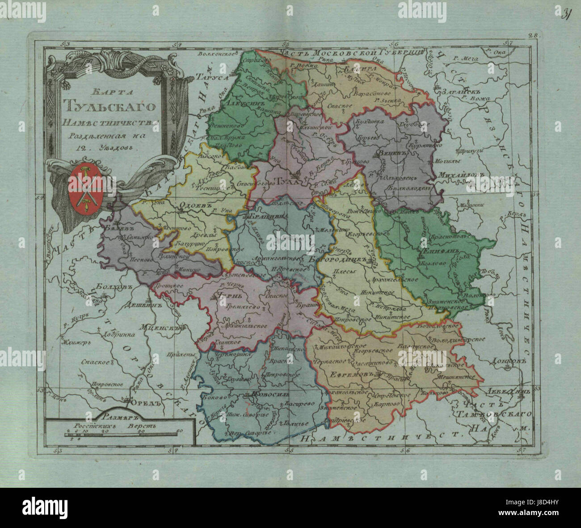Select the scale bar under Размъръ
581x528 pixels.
tap(118, 434)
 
